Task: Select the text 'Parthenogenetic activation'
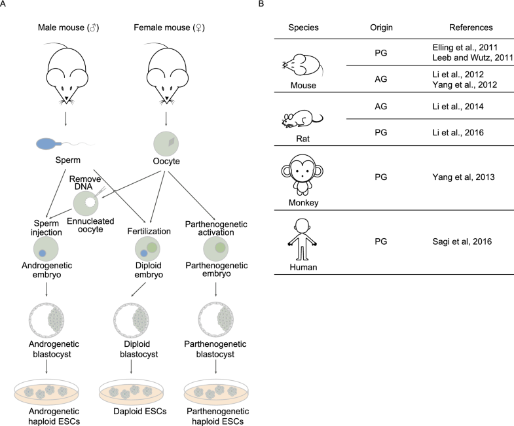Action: [x=216, y=217]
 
